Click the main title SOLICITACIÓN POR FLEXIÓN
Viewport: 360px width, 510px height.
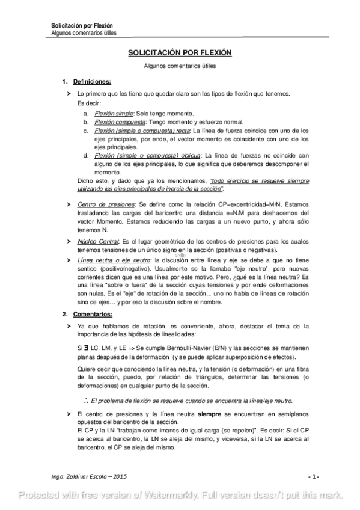tap(180, 53)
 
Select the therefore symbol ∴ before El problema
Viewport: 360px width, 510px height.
tap(86, 400)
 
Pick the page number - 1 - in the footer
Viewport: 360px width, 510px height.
tap(313, 476)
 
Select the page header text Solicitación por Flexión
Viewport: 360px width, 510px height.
tap(83, 26)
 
